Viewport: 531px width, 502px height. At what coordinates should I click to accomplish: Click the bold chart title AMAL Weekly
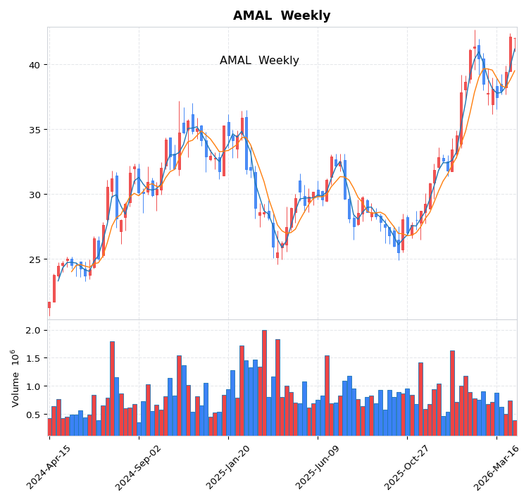282,16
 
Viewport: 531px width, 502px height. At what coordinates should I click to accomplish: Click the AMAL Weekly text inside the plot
259,61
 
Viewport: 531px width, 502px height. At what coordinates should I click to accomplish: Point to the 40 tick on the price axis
35,65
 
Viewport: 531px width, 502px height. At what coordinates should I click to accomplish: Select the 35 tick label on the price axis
35,130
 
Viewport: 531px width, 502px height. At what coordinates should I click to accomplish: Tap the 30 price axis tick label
35,195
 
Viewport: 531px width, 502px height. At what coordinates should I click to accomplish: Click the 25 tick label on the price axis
35,259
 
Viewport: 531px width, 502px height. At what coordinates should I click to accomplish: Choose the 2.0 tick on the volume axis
32,330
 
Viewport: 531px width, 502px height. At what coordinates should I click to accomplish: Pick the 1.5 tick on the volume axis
32,358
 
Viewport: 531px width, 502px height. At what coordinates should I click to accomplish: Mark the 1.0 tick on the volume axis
32,386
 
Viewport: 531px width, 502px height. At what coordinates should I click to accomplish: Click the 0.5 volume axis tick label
32,415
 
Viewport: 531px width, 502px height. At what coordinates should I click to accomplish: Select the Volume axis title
15,378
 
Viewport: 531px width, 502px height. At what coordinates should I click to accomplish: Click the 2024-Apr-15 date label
49,467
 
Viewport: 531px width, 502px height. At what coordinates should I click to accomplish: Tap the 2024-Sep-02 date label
138,467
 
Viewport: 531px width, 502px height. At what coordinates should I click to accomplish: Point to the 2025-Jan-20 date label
227,467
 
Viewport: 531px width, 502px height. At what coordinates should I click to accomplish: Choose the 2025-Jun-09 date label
317,467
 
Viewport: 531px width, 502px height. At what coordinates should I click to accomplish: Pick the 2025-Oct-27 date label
406,467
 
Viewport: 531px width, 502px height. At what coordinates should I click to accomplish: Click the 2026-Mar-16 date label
496,467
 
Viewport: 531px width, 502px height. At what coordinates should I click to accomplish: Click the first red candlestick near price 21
49,305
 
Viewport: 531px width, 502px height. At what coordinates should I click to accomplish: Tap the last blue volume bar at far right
514,428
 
